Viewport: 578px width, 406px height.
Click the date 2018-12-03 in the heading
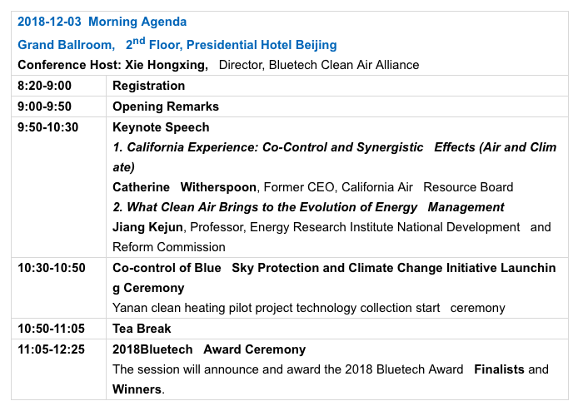pyautogui.click(x=49, y=22)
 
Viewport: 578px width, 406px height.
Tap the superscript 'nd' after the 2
pyautogui.click(x=138, y=41)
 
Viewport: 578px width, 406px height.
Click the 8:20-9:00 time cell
pyautogui.click(x=45, y=86)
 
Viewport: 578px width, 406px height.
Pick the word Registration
pyautogui.click(x=148, y=86)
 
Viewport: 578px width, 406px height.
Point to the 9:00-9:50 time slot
pyautogui.click(x=45, y=106)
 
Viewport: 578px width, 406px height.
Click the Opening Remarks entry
pyautogui.click(x=166, y=106)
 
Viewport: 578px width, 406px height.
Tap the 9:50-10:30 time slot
pyautogui.click(x=48, y=127)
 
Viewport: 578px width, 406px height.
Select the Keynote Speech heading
pyautogui.click(x=161, y=127)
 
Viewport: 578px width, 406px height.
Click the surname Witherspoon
pyautogui.click(x=218, y=187)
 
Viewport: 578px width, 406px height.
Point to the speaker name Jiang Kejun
pyautogui.click(x=147, y=227)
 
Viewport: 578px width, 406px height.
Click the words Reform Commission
pyautogui.click(x=169, y=247)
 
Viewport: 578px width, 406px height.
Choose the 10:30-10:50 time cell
pyautogui.click(x=52, y=268)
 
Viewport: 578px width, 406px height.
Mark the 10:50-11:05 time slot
pyautogui.click(x=52, y=329)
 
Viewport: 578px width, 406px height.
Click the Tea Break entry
pyautogui.click(x=142, y=329)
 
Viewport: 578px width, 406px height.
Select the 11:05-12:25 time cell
pyautogui.click(x=52, y=349)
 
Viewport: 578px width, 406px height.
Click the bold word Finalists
pyautogui.click(x=499, y=369)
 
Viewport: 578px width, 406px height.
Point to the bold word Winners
pyautogui.click(x=137, y=389)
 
